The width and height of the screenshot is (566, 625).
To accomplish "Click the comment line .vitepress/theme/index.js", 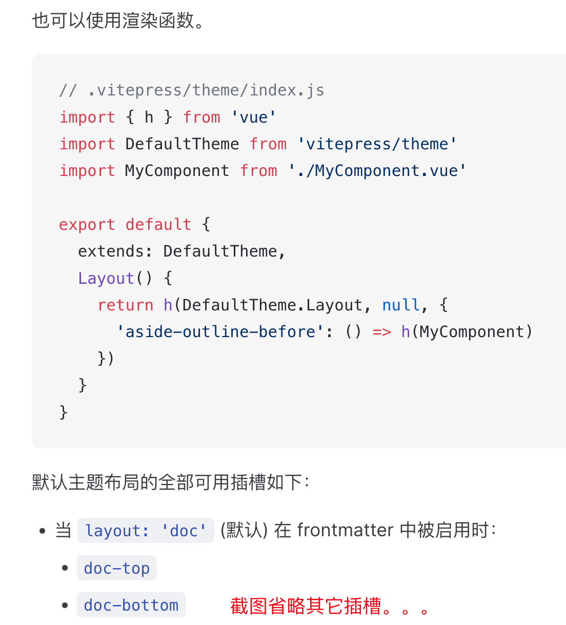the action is coord(192,91).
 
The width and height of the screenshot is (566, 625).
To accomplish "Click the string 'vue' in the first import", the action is coord(253,118).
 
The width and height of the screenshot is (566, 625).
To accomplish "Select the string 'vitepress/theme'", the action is coord(377,144).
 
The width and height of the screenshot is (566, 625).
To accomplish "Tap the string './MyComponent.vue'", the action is coord(377,171).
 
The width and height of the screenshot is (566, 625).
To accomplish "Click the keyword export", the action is coord(87,225).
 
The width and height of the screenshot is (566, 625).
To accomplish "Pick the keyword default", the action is coord(158,224).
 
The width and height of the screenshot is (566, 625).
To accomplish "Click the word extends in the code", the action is coord(111,251).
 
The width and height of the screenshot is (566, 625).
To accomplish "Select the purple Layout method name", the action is coord(106,278).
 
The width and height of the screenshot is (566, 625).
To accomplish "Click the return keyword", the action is coord(126,305).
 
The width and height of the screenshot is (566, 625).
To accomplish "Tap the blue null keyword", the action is coord(401,305).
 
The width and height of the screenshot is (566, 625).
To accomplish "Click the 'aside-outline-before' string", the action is coord(220,332).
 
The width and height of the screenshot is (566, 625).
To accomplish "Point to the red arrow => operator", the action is coord(382,332).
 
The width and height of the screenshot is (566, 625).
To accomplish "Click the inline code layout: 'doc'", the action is coord(146,531).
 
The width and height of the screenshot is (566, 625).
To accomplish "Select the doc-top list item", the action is coord(117,568).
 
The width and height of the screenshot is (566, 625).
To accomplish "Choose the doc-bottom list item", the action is coord(131,605).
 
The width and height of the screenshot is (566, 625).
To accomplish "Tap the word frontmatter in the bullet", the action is coord(345,530).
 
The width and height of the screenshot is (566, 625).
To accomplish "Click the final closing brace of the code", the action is coord(63,413).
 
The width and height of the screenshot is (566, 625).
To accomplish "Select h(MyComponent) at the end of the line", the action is coord(467,332).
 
